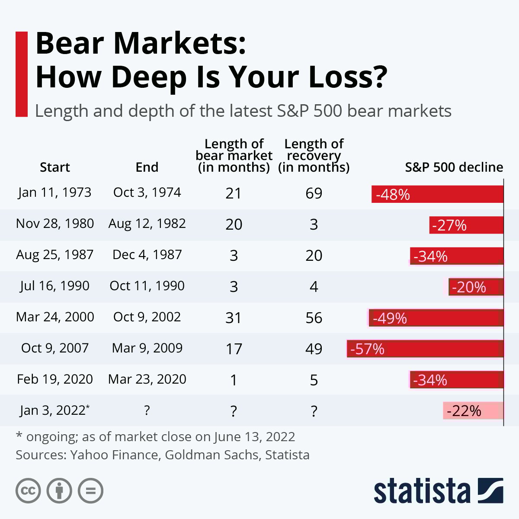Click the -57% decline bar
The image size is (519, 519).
point(425,349)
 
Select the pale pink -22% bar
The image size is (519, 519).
point(473,410)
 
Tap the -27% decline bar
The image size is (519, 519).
point(466,225)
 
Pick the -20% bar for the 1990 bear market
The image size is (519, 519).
point(476,287)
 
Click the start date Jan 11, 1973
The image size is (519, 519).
point(54,193)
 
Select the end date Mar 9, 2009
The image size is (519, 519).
point(147,348)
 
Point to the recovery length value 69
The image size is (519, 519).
point(314,193)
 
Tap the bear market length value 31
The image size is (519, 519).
point(234,318)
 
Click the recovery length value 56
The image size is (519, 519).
point(314,318)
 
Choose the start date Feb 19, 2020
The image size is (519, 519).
point(55,379)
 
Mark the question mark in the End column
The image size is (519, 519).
point(147,410)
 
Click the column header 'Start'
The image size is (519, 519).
point(55,167)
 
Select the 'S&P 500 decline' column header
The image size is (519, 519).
point(454,167)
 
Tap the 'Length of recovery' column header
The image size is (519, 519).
point(314,155)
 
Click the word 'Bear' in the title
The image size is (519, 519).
point(70,44)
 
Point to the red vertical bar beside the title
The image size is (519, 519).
point(22,74)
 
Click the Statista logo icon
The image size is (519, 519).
point(490,490)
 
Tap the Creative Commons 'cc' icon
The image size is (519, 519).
point(28,491)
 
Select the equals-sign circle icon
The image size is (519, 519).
point(90,491)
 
